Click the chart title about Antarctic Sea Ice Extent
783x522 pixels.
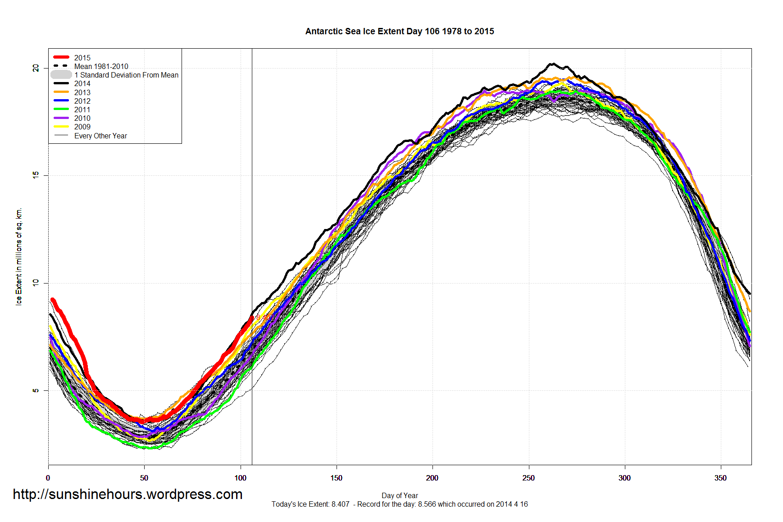(400, 32)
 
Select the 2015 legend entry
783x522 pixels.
(82, 58)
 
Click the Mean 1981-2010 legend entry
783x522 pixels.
(101, 66)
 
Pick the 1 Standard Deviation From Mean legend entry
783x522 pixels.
(126, 75)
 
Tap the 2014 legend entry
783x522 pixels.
(82, 83)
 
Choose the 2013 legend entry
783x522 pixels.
(82, 92)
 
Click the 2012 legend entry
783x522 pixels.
(82, 101)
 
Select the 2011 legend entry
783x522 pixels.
(82, 110)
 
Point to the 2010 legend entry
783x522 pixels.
(82, 118)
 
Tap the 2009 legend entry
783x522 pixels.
(82, 127)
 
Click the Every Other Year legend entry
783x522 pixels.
(100, 136)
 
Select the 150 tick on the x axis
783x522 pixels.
(336, 478)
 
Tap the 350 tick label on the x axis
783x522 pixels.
(720, 478)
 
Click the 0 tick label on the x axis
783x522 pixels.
(48, 478)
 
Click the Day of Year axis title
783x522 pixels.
(400, 495)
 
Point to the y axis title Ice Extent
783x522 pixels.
(19, 256)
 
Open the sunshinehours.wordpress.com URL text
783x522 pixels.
(127, 495)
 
